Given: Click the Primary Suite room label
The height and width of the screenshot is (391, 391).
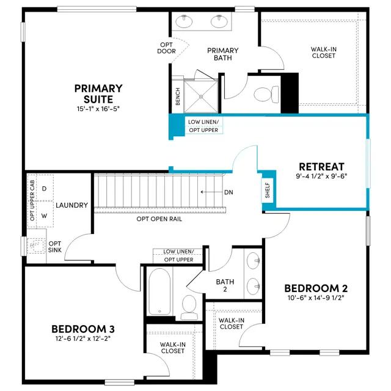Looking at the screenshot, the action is (x=98, y=93).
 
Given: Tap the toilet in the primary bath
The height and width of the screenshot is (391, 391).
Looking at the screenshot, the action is (x=266, y=95).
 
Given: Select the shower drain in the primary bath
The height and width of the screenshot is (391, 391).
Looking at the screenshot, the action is (x=201, y=97).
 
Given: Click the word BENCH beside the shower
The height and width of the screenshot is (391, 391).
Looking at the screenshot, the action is (x=178, y=97).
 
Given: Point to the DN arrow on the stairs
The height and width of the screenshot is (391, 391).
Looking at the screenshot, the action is (x=212, y=192).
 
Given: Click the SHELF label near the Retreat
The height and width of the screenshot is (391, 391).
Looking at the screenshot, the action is (x=268, y=191).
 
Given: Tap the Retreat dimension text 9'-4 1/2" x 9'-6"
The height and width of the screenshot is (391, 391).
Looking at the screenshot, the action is (x=322, y=176).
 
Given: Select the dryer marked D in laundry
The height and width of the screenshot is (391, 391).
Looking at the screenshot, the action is (x=45, y=188).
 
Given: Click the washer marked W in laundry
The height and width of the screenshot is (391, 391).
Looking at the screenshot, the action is (x=45, y=215).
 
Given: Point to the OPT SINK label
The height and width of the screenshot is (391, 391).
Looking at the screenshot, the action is (x=55, y=247).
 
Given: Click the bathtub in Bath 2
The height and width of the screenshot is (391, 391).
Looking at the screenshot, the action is (x=159, y=291).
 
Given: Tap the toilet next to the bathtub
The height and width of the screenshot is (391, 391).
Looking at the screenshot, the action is (x=189, y=307).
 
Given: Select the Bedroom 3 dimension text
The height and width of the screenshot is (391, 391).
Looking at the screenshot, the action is (x=83, y=338).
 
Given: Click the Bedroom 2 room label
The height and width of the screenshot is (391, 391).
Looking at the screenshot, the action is (x=316, y=288).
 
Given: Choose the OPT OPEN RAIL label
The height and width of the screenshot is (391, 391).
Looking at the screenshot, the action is (x=159, y=219).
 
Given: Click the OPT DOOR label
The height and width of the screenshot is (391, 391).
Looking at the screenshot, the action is (x=166, y=48).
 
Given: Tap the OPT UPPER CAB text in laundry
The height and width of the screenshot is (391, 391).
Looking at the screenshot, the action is (x=32, y=200).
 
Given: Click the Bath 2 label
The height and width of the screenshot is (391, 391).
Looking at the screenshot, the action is (x=225, y=285).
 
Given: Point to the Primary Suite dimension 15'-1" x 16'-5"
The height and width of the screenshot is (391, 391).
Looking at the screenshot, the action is (x=98, y=109).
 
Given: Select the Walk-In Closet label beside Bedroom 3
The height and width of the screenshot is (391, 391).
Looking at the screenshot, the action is (x=172, y=348).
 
